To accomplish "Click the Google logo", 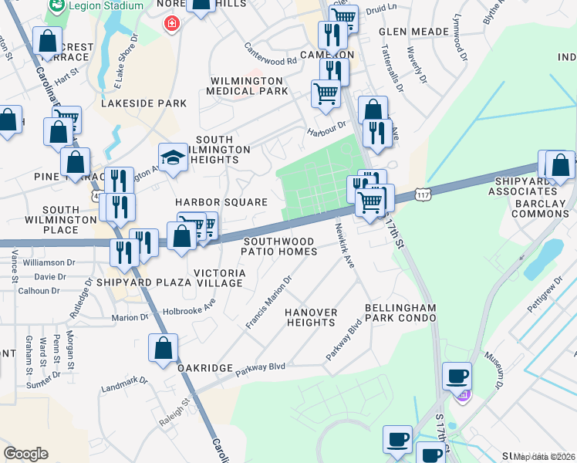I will pos(25,454).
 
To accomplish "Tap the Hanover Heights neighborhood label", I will pos(312,317).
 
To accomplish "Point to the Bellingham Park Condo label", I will pos(401,313).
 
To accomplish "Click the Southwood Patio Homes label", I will pos(279,246).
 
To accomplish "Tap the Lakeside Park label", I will pos(144,103).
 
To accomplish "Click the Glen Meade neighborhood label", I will pos(414,32).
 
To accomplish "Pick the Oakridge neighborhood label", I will pos(205,368).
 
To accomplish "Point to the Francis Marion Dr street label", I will pos(269,302).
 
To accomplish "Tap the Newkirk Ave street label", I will pos(344,246).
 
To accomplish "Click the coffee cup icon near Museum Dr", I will pos(457,376).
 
